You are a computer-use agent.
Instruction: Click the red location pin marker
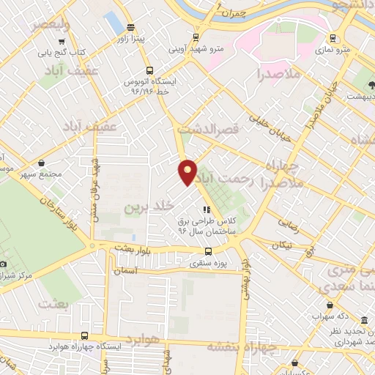[188, 172]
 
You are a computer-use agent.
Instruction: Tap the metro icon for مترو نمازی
[333, 38]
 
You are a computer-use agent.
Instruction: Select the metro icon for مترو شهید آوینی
[195, 37]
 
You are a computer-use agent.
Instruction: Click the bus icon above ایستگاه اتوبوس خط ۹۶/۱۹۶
[149, 71]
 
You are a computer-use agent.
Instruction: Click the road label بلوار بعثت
[132, 249]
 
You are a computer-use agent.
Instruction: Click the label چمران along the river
[233, 13]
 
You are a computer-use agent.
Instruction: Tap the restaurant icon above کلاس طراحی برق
[196, 209]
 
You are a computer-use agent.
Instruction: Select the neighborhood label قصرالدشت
[214, 129]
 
